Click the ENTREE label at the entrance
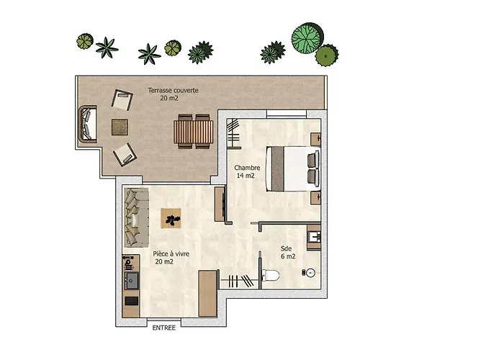point(164,328)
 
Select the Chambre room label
point(247,168)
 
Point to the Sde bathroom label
point(286,248)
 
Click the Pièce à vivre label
point(171,254)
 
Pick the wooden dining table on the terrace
point(194,132)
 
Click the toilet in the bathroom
point(271,276)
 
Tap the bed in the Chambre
point(292,169)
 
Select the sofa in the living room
point(136,217)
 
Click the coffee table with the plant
point(171,218)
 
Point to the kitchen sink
point(132,280)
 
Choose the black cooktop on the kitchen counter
point(131,301)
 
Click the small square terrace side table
point(120,127)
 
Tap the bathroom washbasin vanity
point(314,237)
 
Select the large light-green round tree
point(307,37)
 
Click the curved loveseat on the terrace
point(87,124)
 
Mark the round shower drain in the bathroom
point(310,273)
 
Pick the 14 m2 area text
point(246,176)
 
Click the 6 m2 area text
point(288,256)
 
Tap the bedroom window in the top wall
point(287,114)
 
